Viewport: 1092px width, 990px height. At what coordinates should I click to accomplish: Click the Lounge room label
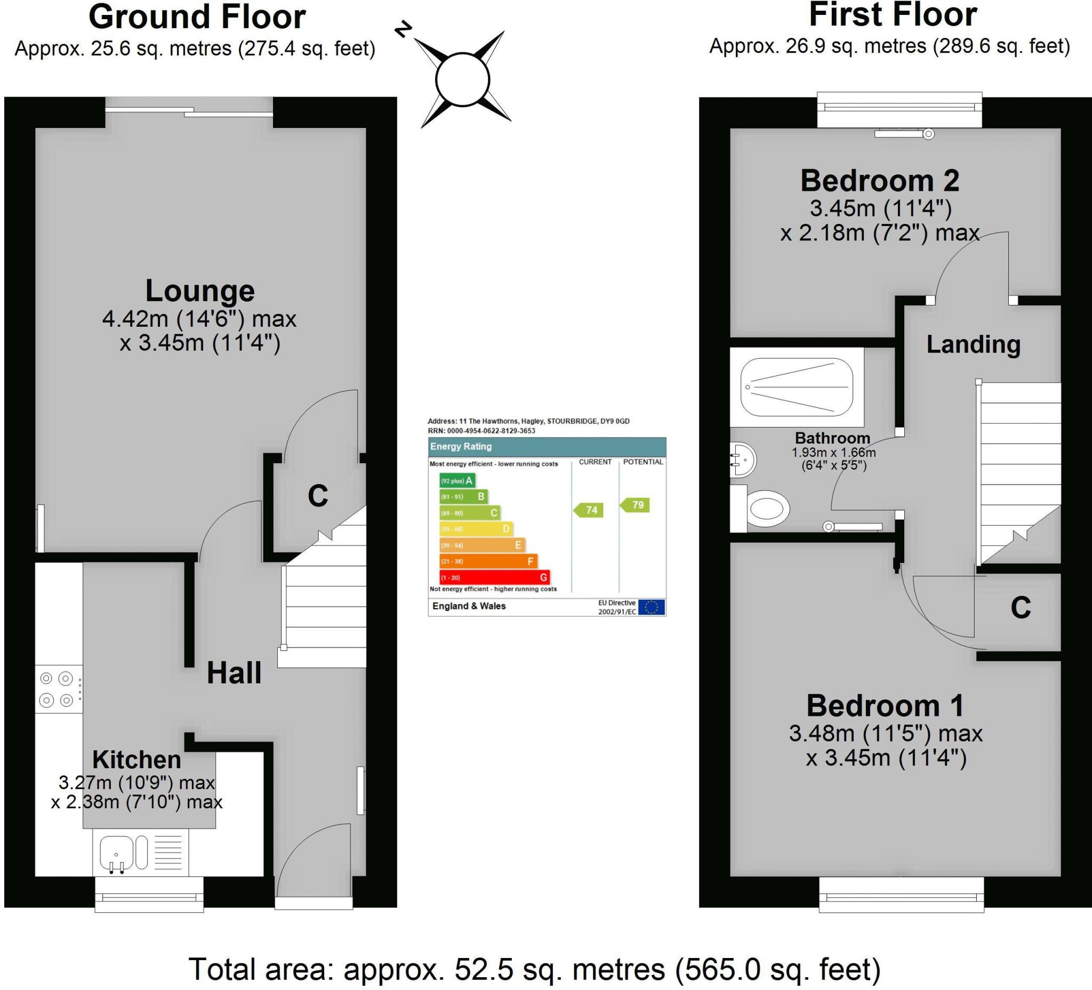[x=200, y=291]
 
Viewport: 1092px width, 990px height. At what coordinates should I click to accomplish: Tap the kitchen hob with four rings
[x=58, y=689]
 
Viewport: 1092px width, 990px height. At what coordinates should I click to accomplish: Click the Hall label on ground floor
[x=234, y=673]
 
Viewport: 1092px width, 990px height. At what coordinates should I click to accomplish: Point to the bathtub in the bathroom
[x=796, y=387]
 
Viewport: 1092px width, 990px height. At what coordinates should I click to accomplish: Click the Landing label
[x=974, y=344]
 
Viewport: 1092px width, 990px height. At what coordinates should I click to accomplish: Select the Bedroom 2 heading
[x=880, y=180]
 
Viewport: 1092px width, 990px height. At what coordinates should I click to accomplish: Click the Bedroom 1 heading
[x=885, y=706]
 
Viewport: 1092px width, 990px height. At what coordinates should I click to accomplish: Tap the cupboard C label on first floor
[x=1021, y=608]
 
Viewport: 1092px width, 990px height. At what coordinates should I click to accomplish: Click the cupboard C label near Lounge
[x=317, y=496]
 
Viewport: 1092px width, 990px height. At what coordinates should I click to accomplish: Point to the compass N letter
[x=403, y=30]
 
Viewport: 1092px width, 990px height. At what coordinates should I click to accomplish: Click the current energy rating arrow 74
[x=589, y=510]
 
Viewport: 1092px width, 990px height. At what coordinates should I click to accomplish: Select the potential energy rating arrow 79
[x=636, y=505]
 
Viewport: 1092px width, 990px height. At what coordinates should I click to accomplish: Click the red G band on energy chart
[x=494, y=577]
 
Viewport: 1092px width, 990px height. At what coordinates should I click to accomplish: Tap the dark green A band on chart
[x=456, y=480]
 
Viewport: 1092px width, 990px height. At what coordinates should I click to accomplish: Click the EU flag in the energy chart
[x=651, y=607]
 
